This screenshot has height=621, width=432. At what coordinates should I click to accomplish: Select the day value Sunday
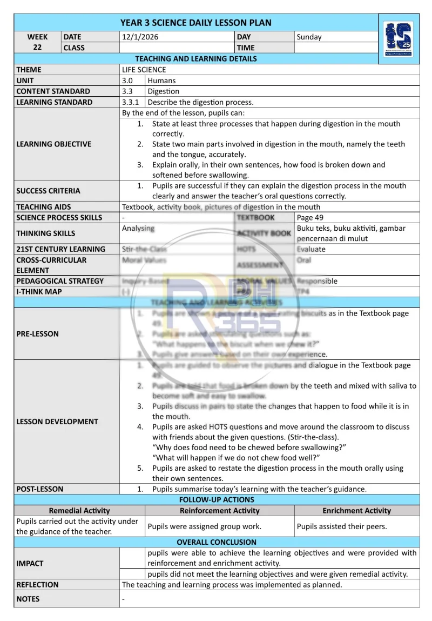[309, 37]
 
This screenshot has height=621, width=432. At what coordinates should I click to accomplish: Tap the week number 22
[38, 48]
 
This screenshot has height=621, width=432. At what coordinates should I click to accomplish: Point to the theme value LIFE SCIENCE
[144, 70]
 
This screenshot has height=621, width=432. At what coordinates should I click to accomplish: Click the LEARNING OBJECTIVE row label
[54, 144]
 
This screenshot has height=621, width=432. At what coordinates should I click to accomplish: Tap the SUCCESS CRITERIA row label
[48, 191]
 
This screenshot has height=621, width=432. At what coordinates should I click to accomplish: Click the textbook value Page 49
[310, 217]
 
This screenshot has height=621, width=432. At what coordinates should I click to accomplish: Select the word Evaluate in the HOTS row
[311, 249]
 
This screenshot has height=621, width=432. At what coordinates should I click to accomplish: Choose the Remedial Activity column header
[79, 511]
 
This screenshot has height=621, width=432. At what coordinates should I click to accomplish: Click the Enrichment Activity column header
[357, 511]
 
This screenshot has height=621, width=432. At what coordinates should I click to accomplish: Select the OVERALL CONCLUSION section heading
[217, 542]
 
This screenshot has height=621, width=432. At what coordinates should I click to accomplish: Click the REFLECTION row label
[38, 585]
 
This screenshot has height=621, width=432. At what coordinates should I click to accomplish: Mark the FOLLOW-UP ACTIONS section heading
[217, 500]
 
